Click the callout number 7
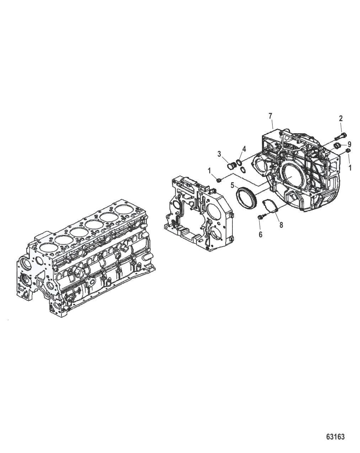pos(270,116)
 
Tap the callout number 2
pos(340,119)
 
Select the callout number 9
pos(349,144)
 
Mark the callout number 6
pos(260,234)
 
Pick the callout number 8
pos(281,225)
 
